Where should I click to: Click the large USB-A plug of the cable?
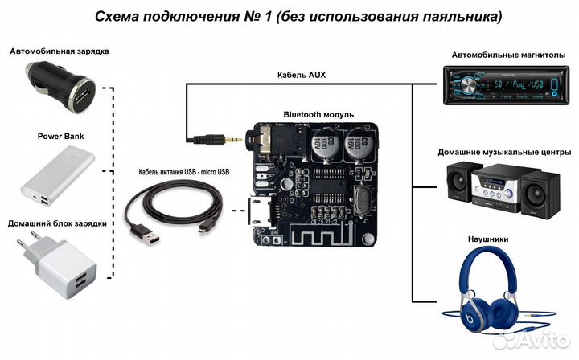pos(150,235)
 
